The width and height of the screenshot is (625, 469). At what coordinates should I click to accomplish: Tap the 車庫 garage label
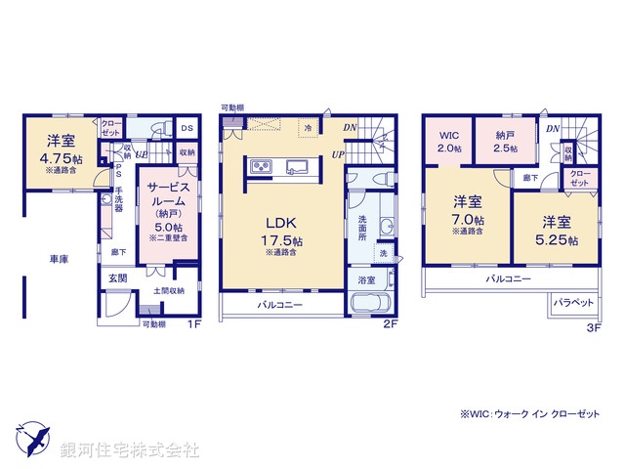(59, 259)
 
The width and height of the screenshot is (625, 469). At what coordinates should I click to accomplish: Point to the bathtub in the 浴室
(370, 304)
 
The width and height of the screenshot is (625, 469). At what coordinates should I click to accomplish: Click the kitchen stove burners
(263, 168)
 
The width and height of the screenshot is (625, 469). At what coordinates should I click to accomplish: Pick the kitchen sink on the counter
(299, 168)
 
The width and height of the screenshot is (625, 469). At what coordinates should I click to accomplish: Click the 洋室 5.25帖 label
(557, 231)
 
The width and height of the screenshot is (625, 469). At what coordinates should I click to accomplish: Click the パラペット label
(574, 303)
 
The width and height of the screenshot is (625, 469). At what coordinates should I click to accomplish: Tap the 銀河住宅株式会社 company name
(130, 449)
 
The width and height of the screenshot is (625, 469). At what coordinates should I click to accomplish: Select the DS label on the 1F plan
(187, 128)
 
